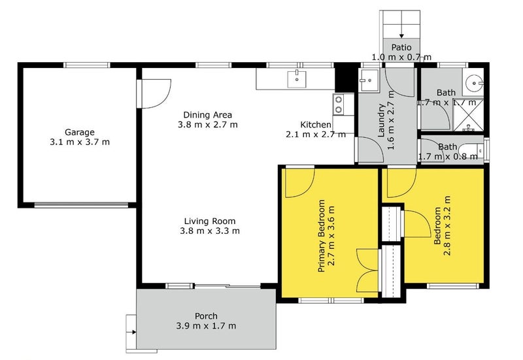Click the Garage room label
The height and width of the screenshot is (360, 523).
pyautogui.click(x=79, y=133)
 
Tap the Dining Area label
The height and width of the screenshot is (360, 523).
pyautogui.click(x=207, y=115)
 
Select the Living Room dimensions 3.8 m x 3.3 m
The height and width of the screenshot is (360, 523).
pyautogui.click(x=210, y=231)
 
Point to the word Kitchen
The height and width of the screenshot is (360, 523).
pyautogui.click(x=316, y=125)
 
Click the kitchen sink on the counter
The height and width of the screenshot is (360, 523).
pyautogui.click(x=297, y=79)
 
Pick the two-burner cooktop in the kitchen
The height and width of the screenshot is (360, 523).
pyautogui.click(x=339, y=104)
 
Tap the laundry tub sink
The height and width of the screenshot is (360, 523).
pyautogui.click(x=369, y=80)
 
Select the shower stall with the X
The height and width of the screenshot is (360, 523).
pyautogui.click(x=468, y=115)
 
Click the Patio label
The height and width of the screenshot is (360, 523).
pyautogui.click(x=401, y=47)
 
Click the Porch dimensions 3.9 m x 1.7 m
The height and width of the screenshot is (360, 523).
pyautogui.click(x=206, y=325)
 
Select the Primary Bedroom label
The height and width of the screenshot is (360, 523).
pyautogui.click(x=321, y=236)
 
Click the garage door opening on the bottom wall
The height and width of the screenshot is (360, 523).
pyautogui.click(x=81, y=205)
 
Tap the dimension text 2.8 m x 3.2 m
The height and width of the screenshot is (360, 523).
pyautogui.click(x=447, y=225)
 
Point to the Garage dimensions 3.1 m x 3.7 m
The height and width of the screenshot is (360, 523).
pyautogui.click(x=80, y=142)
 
